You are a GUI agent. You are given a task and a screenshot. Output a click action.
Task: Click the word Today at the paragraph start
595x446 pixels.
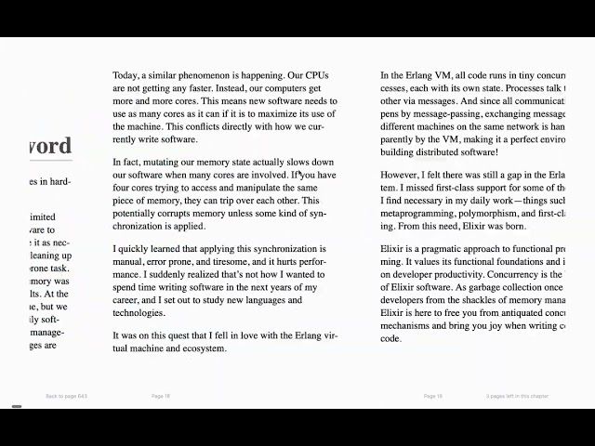[126, 75]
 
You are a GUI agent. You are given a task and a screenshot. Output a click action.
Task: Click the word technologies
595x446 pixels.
[140, 313]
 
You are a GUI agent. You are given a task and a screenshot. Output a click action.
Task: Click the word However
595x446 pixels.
[402, 174]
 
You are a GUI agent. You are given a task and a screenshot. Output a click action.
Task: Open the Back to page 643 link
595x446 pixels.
[67, 396]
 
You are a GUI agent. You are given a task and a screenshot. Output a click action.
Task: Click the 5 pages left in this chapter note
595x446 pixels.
[517, 396]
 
